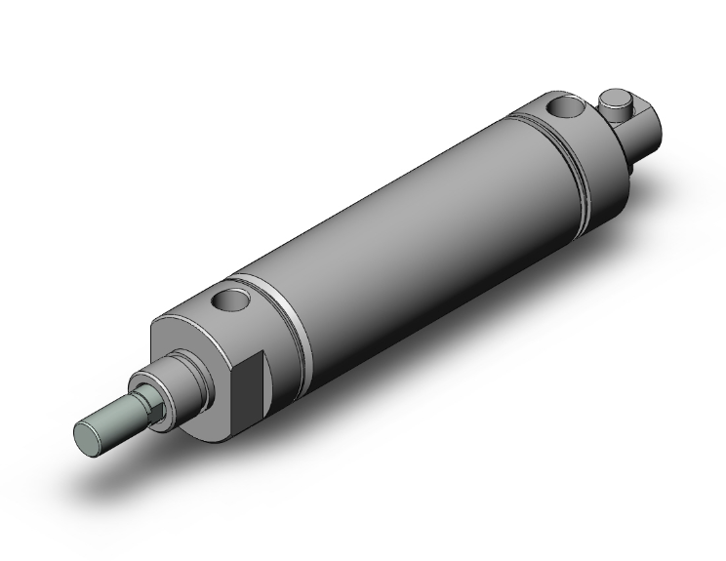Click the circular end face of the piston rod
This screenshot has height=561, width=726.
(91, 434)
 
